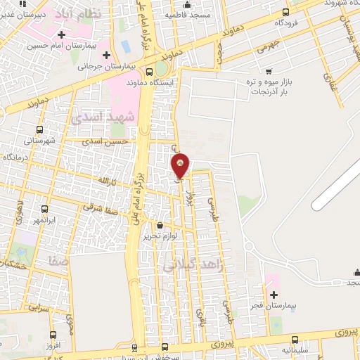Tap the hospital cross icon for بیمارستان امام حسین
point(62,34)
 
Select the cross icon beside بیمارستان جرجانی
point(106,55)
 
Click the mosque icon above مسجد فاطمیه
point(186,6)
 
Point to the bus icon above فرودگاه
point(285,12)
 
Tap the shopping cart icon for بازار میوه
point(269,71)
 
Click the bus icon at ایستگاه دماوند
point(149,71)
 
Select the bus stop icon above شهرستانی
point(39,129)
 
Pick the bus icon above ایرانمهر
point(45,209)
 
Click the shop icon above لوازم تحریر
point(160,226)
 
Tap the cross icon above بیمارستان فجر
point(274,295)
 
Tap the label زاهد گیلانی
point(183,266)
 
